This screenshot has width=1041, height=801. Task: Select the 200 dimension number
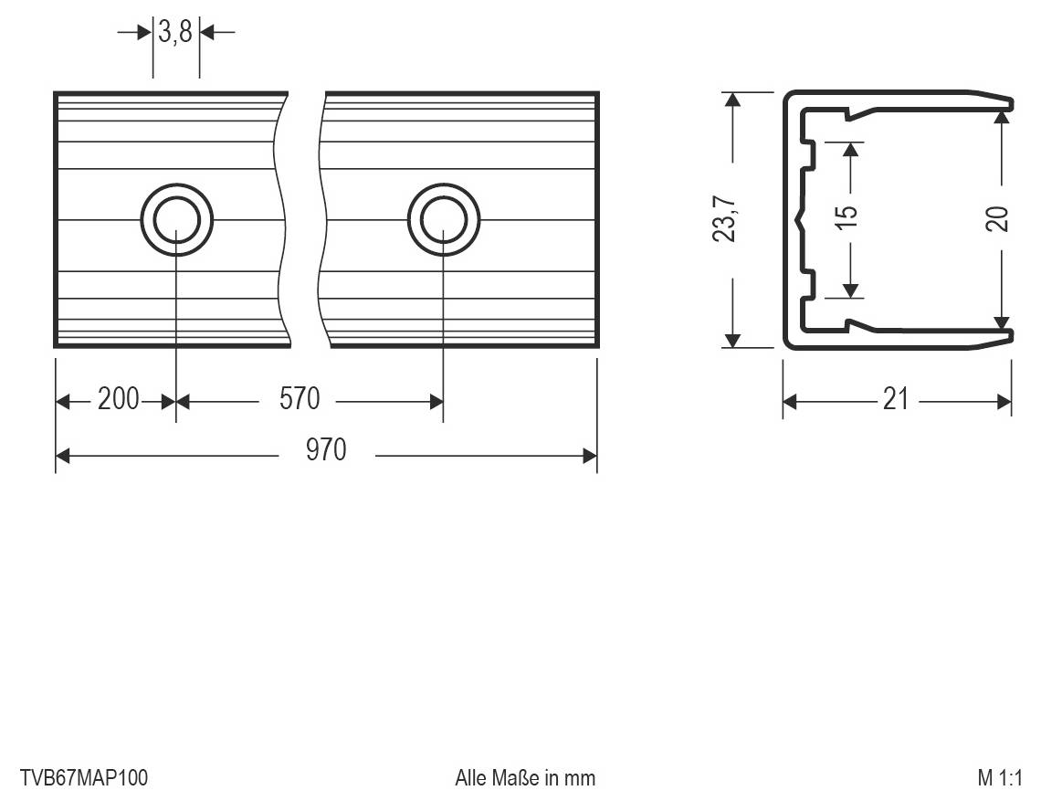pos(118,400)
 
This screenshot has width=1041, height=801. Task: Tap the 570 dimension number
pos(300,400)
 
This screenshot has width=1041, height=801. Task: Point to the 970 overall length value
pos(326,451)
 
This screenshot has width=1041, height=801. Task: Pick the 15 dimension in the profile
pos(848,216)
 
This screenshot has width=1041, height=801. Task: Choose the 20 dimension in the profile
pos(1000,218)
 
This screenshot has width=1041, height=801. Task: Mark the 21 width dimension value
pos(896,400)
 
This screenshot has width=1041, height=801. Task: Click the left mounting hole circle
pos(176,220)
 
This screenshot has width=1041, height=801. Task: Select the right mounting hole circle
pos(444,220)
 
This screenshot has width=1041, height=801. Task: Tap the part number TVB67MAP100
pos(83,778)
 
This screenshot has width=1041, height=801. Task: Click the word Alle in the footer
pos(470,778)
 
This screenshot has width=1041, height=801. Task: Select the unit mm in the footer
pos(579,778)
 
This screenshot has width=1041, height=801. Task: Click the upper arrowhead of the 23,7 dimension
pos(731,100)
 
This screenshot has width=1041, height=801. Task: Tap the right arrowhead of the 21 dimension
pos(1004,401)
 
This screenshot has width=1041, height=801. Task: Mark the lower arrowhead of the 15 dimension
pos(850,290)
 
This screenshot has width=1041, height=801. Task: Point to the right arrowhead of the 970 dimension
pos(589,455)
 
